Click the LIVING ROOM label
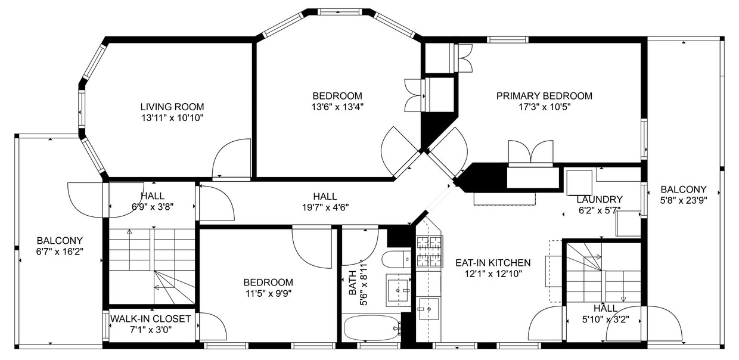tap(172, 107)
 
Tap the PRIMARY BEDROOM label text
tap(544, 96)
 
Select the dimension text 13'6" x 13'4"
tap(337, 107)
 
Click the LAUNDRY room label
tap(599, 200)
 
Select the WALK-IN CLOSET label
tap(150, 319)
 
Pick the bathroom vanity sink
tap(398, 290)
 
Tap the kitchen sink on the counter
tap(428, 309)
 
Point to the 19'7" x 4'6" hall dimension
tap(325, 207)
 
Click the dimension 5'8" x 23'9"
tap(683, 200)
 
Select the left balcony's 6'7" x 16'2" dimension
tap(59, 252)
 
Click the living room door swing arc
tap(231, 157)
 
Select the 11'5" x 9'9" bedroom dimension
tap(268, 293)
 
